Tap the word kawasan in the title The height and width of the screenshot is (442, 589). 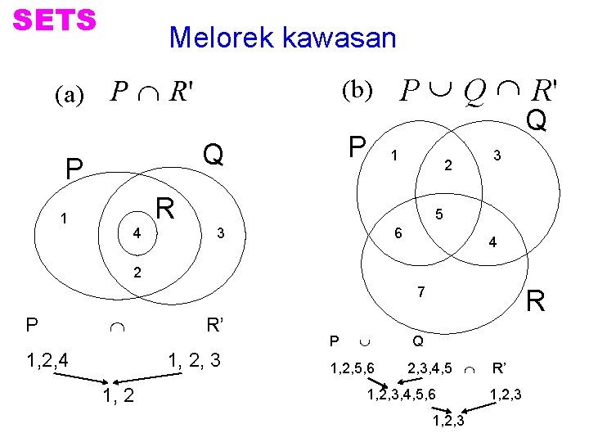pyautogui.click(x=339, y=38)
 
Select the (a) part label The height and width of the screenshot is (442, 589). pyautogui.click(x=69, y=95)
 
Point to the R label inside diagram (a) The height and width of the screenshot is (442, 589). pyautogui.click(x=167, y=209)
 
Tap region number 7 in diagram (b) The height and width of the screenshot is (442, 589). pyautogui.click(x=420, y=292)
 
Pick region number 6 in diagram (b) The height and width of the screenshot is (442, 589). pyautogui.click(x=398, y=232)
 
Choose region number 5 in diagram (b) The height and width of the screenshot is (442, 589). pyautogui.click(x=439, y=214)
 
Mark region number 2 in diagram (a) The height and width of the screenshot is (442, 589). pyautogui.click(x=137, y=272)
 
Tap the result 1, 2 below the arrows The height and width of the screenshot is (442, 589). pyautogui.click(x=119, y=397)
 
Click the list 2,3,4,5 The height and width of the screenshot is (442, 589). pyautogui.click(x=429, y=368)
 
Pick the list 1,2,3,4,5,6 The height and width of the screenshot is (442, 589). pyautogui.click(x=401, y=395)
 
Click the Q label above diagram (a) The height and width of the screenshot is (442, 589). pyautogui.click(x=214, y=154)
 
